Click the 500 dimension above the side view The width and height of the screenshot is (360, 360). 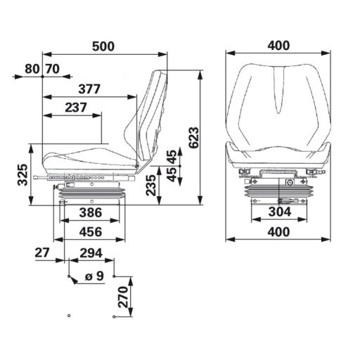pos(104,46)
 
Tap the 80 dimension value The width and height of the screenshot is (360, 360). pos(32,69)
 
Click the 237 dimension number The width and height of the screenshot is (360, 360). pos(75,108)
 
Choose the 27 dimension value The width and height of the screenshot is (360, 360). pos(41,252)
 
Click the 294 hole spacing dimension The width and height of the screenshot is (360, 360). pos(91,252)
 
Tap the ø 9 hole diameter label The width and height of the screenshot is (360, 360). pos(94,276)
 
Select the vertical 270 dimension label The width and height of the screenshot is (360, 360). pos(122,298)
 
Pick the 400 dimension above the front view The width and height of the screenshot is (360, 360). pos(279,46)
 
